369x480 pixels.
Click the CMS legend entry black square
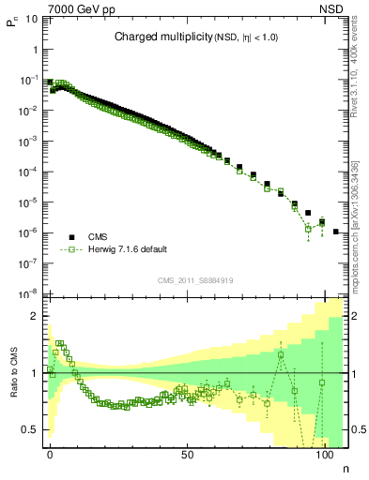70,237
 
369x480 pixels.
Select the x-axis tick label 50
187,454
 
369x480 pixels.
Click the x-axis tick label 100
324,454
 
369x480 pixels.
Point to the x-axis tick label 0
50,454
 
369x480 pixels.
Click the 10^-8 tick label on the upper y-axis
29,293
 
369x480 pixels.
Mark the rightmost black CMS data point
336,231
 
